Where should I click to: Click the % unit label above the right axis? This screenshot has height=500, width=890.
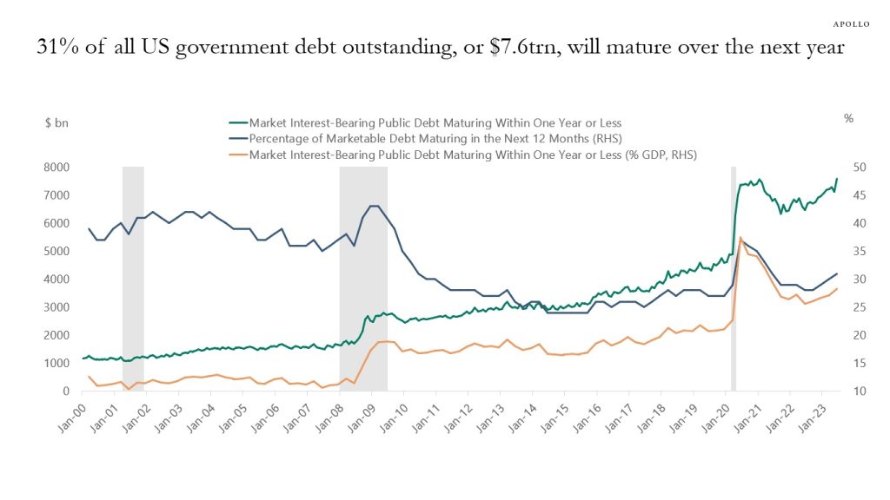coord(848,119)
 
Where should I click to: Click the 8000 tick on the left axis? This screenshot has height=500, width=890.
coord(56,167)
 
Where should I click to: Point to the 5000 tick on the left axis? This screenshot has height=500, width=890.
coord(56,251)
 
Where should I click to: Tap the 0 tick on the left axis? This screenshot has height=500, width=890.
coord(65,391)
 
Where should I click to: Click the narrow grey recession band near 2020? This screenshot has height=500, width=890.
coord(734,278)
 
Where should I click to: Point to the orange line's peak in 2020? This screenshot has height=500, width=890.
coord(741,237)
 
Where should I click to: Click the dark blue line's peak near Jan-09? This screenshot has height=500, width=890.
coord(373,206)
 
